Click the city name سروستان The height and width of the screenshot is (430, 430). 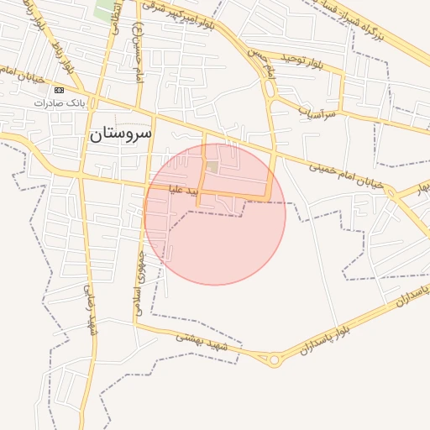(120, 133)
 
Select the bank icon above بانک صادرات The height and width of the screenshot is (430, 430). (58, 90)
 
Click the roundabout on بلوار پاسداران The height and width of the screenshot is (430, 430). (275, 360)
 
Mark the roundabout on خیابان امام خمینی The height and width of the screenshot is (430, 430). (391, 191)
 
